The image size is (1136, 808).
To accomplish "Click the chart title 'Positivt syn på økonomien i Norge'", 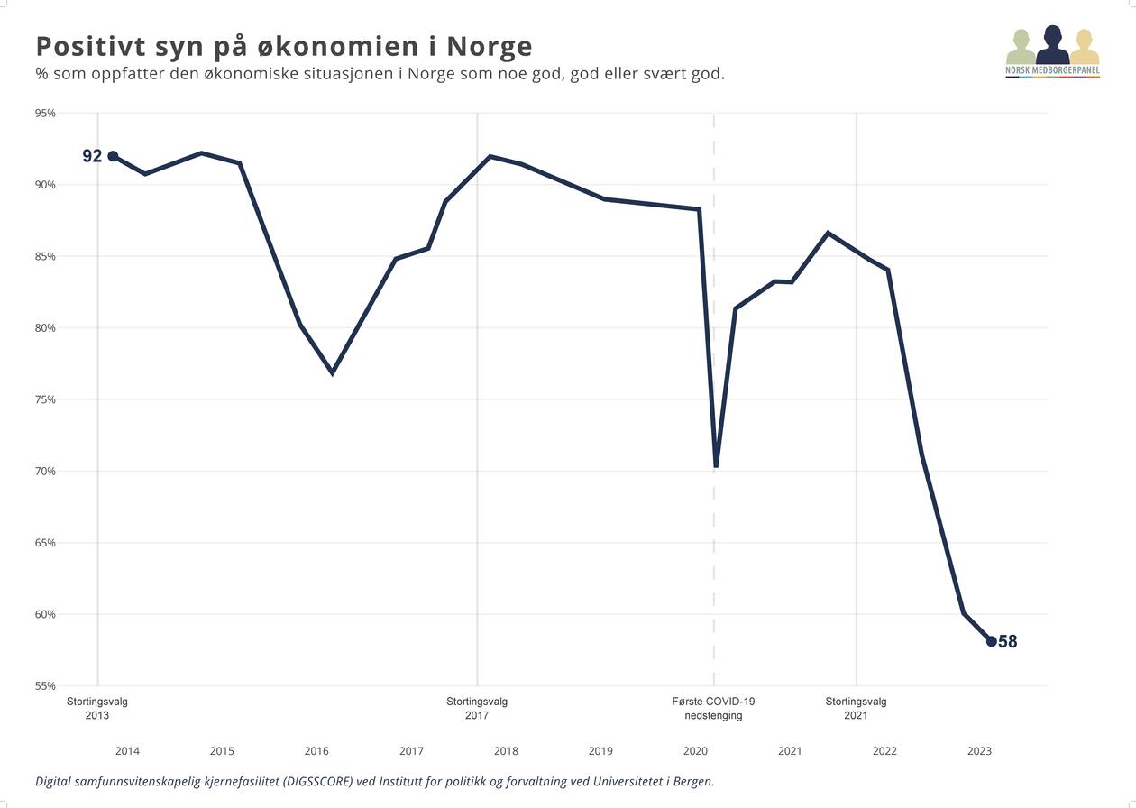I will (284, 46).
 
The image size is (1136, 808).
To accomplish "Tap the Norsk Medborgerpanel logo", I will (1052, 52).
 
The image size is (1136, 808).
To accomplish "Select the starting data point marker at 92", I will (113, 156).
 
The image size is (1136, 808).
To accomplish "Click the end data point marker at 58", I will (992, 641).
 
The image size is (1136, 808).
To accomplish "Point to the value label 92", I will (92, 156).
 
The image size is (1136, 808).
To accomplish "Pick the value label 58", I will (1008, 642).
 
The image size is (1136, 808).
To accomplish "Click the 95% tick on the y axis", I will (45, 114).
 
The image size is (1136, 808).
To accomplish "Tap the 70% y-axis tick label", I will (45, 472).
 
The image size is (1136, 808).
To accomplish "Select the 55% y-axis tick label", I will (45, 686).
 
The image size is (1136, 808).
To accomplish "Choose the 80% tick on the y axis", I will (45, 328).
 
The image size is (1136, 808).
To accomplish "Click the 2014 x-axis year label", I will (127, 751).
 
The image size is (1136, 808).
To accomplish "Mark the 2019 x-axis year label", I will (600, 751).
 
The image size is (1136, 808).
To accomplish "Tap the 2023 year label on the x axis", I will (979, 751).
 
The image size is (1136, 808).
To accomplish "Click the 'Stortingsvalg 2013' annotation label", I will (97, 709).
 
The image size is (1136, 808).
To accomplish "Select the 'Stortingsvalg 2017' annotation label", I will (477, 709).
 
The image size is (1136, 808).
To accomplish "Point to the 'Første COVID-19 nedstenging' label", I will (713, 709).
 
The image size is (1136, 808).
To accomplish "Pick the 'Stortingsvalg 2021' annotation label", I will (856, 709).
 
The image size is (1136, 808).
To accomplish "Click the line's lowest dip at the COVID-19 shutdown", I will (716, 465).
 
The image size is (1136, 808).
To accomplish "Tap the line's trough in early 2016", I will (333, 372).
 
